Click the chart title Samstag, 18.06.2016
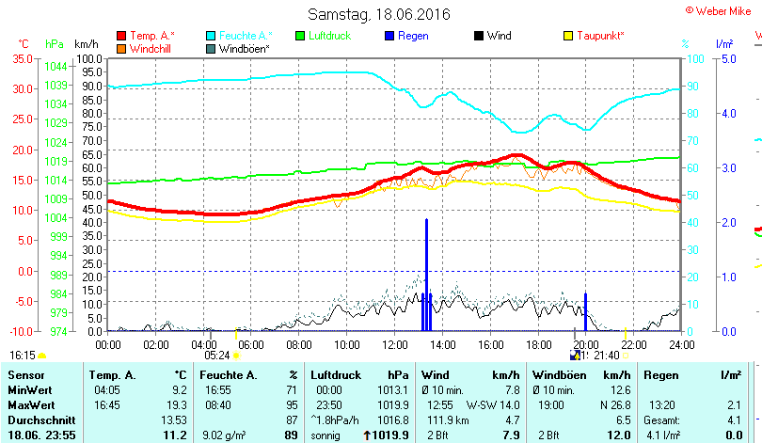click(379, 15)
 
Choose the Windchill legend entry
click(143, 48)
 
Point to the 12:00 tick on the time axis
click(394, 344)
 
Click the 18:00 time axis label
click(538, 344)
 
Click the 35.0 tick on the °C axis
click(21, 58)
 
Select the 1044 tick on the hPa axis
click(56, 66)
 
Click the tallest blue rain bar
click(426, 273)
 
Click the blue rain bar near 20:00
click(585, 312)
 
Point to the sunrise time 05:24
click(217, 356)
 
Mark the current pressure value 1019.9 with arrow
click(387, 435)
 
